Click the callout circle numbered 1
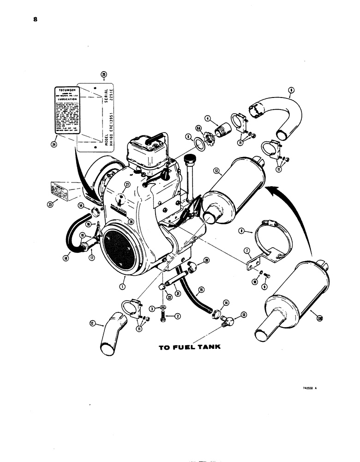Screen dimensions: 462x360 pyautogui.click(x=122, y=287)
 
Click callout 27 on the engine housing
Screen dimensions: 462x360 pyautogui.click(x=126, y=184)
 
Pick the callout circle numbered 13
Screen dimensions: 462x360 pyautogui.click(x=244, y=316)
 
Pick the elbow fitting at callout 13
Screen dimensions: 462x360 pyautogui.click(x=227, y=319)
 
